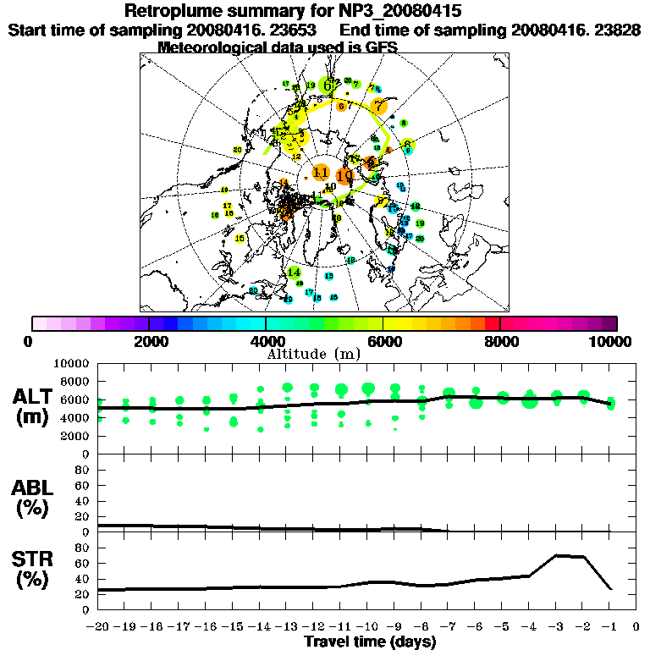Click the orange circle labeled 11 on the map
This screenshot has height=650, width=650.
click(x=321, y=173)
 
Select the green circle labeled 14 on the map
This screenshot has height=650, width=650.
click(x=294, y=273)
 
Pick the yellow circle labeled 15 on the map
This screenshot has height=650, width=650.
click(x=240, y=239)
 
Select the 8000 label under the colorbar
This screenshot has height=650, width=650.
click(x=500, y=341)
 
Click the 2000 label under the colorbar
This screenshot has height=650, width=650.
click(x=149, y=341)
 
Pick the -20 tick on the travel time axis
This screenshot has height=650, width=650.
click(x=98, y=628)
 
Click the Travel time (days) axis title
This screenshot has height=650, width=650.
click(x=370, y=642)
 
